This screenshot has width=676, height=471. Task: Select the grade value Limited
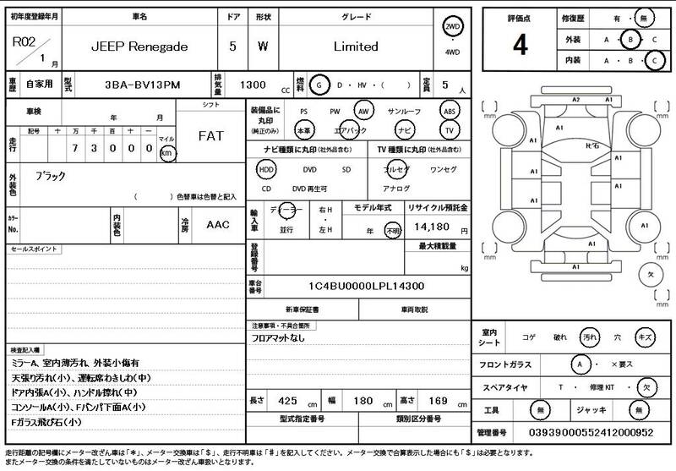(355, 47)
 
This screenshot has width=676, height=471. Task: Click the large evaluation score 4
(520, 45)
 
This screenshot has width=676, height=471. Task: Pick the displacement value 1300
(255, 86)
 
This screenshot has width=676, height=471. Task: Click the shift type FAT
(210, 136)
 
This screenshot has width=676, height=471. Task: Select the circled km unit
(167, 153)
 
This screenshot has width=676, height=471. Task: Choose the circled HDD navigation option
(266, 169)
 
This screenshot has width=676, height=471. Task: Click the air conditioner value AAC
(218, 226)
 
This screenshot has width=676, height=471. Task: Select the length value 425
(287, 399)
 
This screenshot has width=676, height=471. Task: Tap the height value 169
(437, 399)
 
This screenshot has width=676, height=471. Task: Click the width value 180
(363, 399)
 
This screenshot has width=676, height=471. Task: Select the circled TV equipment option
(450, 130)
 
